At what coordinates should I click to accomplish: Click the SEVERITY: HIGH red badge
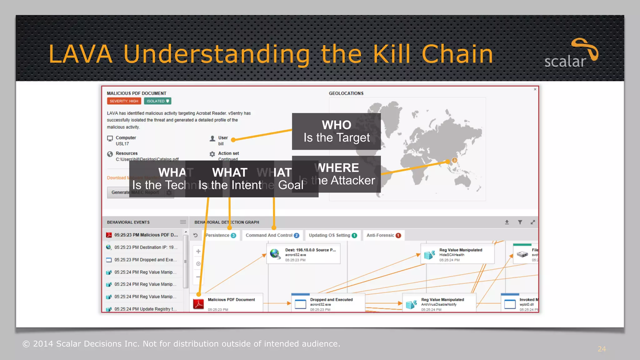tap(124, 101)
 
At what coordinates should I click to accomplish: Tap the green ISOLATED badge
tap(157, 101)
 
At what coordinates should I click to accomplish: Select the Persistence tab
tap(221, 235)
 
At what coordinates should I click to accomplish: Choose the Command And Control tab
tap(272, 235)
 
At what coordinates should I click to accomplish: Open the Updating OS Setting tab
tap(333, 235)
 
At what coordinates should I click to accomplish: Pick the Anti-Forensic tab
tap(383, 235)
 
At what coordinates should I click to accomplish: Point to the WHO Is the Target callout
tap(336, 131)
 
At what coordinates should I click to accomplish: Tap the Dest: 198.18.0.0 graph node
tap(303, 254)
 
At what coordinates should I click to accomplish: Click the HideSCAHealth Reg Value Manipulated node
tap(457, 254)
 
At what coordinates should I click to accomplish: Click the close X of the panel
tap(535, 89)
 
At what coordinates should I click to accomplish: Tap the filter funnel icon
tap(520, 222)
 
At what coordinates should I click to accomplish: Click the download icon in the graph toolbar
tap(507, 222)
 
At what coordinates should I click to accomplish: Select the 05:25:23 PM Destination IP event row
tap(145, 247)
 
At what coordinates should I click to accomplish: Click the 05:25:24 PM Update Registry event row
tap(145, 309)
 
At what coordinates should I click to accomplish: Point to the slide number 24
tap(602, 349)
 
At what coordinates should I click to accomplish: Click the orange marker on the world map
tap(454, 160)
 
